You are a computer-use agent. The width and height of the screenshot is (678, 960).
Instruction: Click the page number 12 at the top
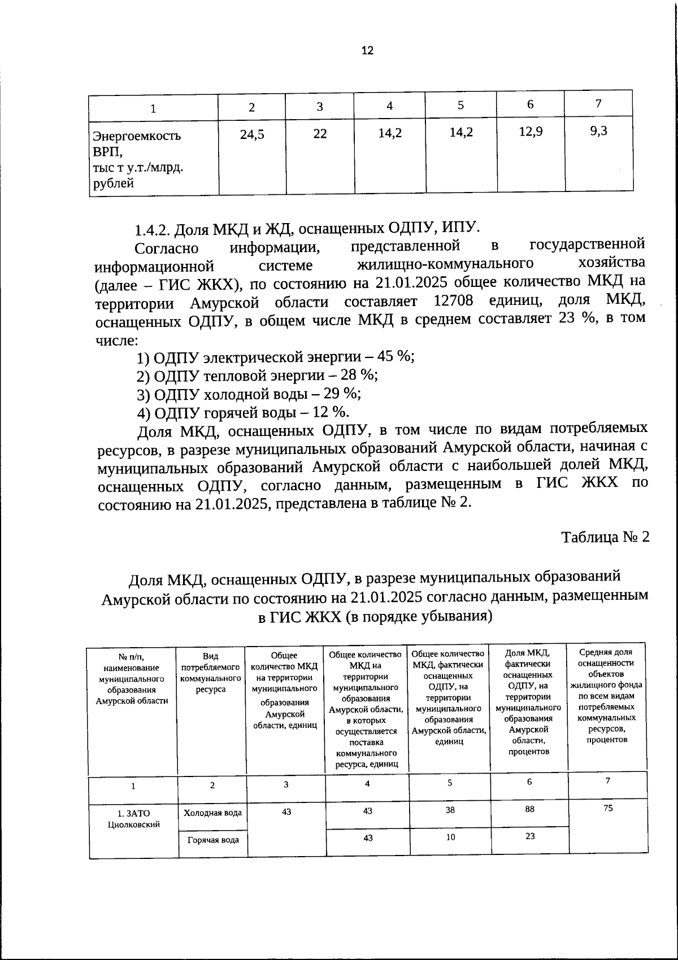367,51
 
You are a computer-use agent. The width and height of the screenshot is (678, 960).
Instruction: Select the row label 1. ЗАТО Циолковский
134,819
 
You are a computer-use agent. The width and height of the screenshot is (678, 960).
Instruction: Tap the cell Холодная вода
212,813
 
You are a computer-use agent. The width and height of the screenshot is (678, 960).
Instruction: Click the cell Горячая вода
212,840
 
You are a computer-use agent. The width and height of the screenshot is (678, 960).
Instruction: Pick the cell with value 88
529,809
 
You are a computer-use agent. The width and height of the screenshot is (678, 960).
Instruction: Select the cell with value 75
607,808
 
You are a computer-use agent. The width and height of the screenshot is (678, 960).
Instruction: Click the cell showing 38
450,810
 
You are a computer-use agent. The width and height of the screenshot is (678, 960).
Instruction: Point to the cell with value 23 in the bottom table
529,836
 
